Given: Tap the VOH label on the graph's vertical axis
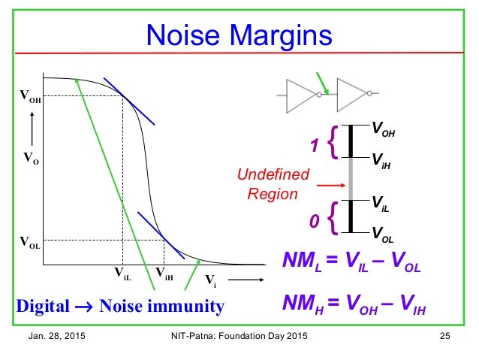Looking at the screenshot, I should (x=30, y=96).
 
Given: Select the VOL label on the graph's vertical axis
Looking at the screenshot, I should (x=30, y=243).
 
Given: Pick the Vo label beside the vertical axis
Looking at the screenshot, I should (x=31, y=159).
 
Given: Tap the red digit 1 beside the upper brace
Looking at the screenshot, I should (x=315, y=144).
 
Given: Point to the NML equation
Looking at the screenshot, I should (x=351, y=264).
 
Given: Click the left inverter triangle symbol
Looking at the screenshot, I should (x=303, y=95).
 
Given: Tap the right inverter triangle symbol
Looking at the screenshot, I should (x=352, y=95).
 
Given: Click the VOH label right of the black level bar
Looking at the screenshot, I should (x=383, y=132).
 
